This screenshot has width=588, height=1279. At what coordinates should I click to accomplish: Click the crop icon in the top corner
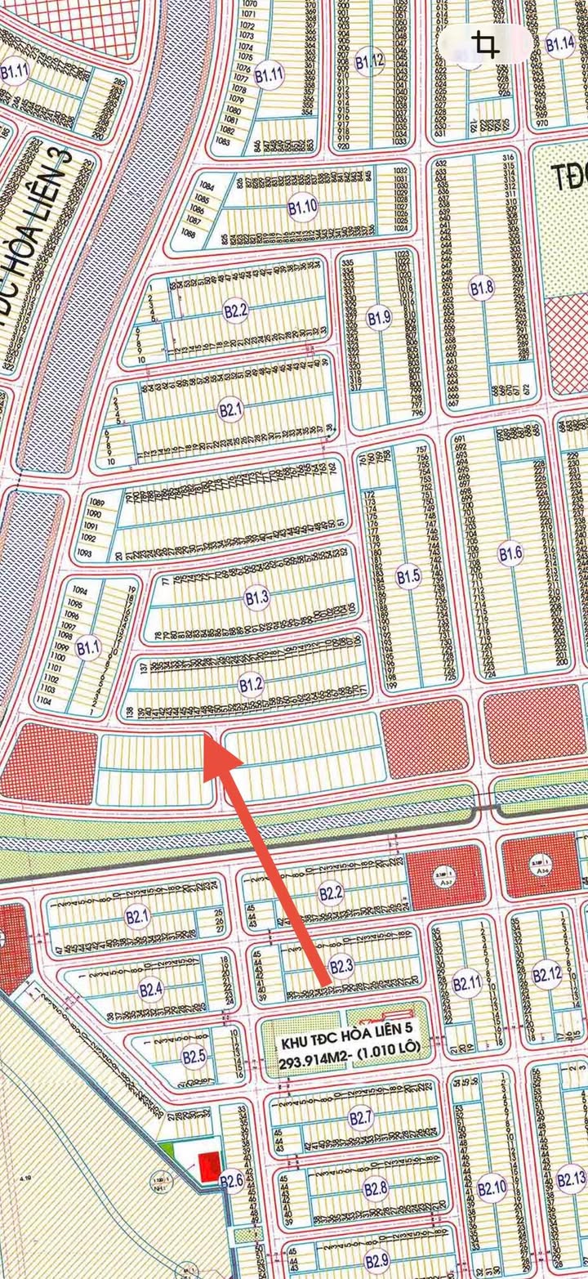[487, 45]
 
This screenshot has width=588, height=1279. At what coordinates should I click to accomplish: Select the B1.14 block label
[560, 44]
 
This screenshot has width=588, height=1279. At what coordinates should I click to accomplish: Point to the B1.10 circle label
[302, 208]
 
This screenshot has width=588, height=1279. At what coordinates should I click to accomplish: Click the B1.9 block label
[379, 318]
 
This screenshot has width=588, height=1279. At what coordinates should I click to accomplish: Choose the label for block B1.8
[482, 288]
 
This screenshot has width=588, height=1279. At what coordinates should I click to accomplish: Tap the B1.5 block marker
[408, 577]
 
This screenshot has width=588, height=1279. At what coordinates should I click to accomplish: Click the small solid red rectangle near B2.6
[210, 1166]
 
